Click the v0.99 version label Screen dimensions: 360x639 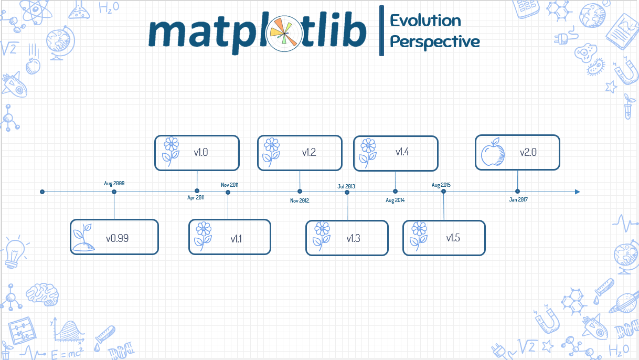pyautogui.click(x=117, y=238)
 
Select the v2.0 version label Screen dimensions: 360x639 pyautogui.click(x=528, y=153)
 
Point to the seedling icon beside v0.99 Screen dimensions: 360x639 pyautogui.click(x=84, y=238)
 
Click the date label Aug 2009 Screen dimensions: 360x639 pyautogui.click(x=114, y=184)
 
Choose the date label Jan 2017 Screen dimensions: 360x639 pyautogui.click(x=518, y=200)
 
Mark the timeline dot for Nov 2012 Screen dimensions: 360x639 pyautogui.click(x=300, y=192)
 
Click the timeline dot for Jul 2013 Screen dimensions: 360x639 pyautogui.click(x=347, y=192)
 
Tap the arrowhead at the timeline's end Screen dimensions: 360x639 pyautogui.click(x=578, y=192)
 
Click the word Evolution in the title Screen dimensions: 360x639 pyautogui.click(x=425, y=20)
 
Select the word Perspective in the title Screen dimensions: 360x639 pyautogui.click(x=435, y=41)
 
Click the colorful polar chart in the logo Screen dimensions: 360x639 pyautogui.click(x=284, y=33)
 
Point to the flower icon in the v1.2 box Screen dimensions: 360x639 pyautogui.click(x=271, y=152)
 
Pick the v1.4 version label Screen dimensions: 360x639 pyautogui.click(x=402, y=152)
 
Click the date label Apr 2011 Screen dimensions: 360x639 pyautogui.click(x=196, y=198)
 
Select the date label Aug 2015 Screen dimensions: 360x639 pyautogui.click(x=441, y=185)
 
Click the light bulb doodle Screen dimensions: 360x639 pyautogui.click(x=14, y=251)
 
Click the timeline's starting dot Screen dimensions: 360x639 pyautogui.click(x=42, y=192)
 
